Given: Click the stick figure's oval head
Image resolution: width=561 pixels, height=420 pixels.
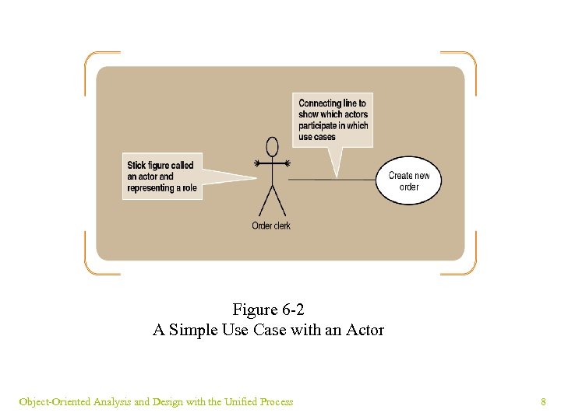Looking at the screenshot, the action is pyautogui.click(x=272, y=146).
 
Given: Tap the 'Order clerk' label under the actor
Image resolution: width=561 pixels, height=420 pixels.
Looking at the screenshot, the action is pyautogui.click(x=271, y=226).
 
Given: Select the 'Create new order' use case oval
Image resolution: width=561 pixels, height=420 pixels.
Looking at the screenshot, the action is pyautogui.click(x=409, y=181).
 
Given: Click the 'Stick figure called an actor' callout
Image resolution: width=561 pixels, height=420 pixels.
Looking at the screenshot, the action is pyautogui.click(x=162, y=177).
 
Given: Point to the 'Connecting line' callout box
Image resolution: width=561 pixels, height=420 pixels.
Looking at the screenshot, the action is pyautogui.click(x=333, y=120).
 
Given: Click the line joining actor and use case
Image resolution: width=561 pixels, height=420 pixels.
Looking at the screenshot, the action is pyautogui.click(x=331, y=180).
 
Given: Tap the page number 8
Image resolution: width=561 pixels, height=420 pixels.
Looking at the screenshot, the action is pyautogui.click(x=543, y=402).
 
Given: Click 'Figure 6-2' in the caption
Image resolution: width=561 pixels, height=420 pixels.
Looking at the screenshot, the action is pyautogui.click(x=269, y=310).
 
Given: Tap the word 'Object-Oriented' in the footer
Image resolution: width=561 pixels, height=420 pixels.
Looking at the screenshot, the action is pyautogui.click(x=55, y=402).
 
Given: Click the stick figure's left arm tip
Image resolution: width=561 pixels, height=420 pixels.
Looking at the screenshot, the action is pyautogui.click(x=256, y=163).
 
